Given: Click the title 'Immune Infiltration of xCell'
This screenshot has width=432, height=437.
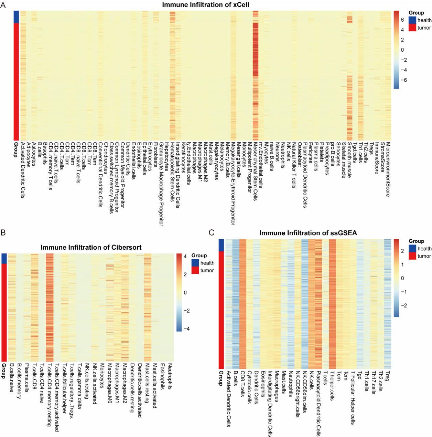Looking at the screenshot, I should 205,5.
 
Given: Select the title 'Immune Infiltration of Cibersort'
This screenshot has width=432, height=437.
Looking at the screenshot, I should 91,247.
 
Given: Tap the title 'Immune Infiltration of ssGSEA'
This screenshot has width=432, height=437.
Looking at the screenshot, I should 308,233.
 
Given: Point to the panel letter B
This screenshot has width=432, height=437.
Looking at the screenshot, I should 3,233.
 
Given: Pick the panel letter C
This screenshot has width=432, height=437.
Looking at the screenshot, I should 212,233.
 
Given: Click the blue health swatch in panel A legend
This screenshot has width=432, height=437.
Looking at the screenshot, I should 412,20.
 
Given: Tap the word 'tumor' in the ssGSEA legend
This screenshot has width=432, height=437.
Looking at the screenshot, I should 424,256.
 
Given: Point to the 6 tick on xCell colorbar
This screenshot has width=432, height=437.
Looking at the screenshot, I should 402,20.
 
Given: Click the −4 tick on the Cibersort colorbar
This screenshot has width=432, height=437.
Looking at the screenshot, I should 186,329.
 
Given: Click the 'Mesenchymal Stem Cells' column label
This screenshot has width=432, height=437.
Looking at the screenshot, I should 255,171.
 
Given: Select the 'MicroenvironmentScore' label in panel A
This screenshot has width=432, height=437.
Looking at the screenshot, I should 388,169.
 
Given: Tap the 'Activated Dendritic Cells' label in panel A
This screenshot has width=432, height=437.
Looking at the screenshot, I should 23,170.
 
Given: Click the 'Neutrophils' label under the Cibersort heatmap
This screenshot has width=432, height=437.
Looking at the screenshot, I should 170,376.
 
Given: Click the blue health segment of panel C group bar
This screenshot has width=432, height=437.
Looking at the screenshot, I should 222,245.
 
